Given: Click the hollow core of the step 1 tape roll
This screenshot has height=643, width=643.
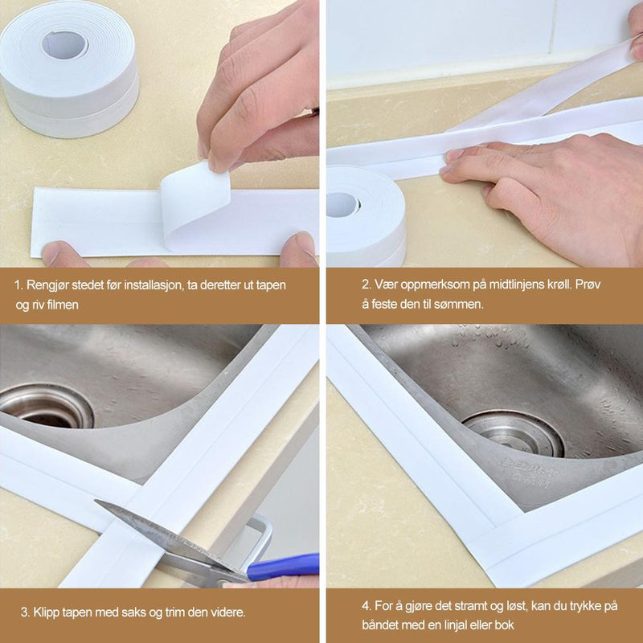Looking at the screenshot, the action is click(x=65, y=45).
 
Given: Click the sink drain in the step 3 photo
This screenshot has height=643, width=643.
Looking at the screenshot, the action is click(x=47, y=406).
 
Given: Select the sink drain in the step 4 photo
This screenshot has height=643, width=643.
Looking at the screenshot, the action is click(x=514, y=434).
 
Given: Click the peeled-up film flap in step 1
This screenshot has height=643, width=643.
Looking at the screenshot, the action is click(x=195, y=201).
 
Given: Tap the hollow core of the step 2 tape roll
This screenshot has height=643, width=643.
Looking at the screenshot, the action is click(x=343, y=204).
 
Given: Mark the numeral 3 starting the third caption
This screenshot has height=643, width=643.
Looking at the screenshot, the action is click(x=24, y=612).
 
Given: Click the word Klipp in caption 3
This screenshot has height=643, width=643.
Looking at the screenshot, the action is click(x=46, y=613).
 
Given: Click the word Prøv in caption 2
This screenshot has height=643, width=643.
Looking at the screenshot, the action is click(x=588, y=285).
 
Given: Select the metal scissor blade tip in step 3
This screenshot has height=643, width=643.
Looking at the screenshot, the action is click(x=95, y=501).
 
